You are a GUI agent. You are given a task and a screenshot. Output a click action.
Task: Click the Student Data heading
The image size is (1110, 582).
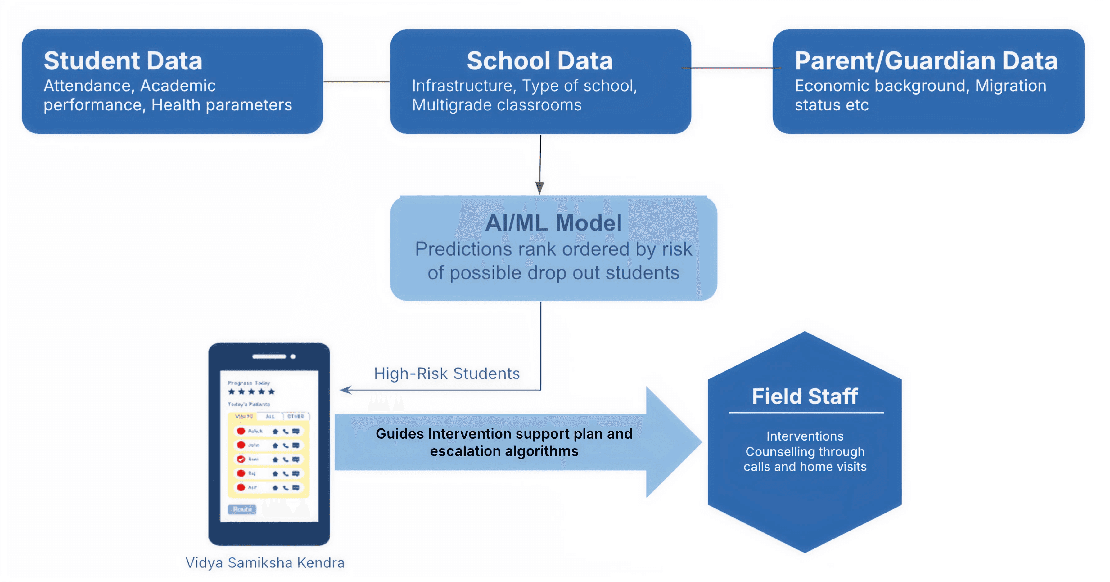coord(123,61)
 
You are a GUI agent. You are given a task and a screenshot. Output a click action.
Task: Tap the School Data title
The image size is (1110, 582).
coord(539,61)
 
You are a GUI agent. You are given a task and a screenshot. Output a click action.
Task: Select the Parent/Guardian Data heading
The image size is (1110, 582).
coord(926,61)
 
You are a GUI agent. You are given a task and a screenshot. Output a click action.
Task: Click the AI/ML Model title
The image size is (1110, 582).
coord(553,223)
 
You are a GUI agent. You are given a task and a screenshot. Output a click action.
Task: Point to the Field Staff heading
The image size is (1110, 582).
coord(805,396)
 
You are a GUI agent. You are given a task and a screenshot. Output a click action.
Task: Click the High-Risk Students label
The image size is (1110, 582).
coord(447,374)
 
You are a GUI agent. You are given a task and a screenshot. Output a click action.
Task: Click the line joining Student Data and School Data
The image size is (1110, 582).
coord(356,81)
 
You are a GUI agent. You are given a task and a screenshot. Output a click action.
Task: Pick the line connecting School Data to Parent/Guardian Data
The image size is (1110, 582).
coord(732,68)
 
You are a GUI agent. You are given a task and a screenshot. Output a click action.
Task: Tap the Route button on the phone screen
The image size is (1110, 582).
coord(242,509)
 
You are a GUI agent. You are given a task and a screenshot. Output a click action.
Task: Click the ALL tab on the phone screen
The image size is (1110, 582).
coord(270,416)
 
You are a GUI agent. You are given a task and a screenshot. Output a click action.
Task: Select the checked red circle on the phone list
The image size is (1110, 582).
coord(241,459)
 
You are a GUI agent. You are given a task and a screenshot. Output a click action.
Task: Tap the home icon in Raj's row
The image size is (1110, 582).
coord(275,473)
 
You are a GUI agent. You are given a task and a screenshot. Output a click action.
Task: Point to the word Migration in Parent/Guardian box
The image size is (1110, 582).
coord(1010,86)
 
